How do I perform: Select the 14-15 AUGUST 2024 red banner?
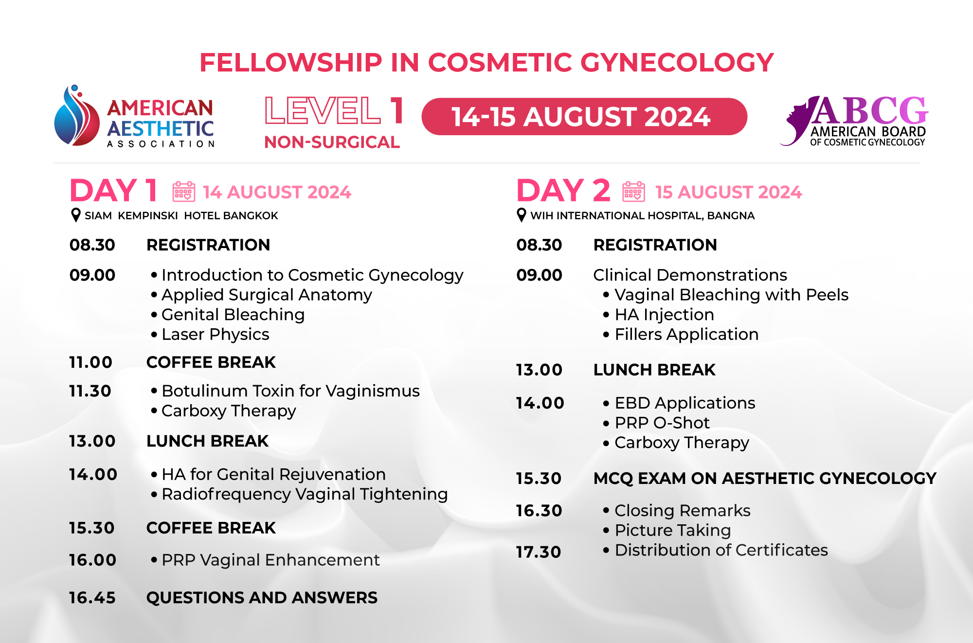584,117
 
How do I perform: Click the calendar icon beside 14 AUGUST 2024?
184,192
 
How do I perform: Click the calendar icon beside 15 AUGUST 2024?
633,192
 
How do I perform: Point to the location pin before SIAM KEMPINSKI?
76,215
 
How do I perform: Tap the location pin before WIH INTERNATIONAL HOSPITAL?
522,215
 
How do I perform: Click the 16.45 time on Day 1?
92,597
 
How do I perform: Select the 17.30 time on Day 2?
539,552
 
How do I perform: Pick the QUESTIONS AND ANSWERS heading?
262,597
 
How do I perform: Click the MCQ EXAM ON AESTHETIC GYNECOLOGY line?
765,478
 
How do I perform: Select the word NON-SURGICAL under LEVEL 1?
332,142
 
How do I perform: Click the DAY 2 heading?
563,190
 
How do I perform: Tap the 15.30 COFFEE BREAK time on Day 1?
91,528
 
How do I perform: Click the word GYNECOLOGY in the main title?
677,62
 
